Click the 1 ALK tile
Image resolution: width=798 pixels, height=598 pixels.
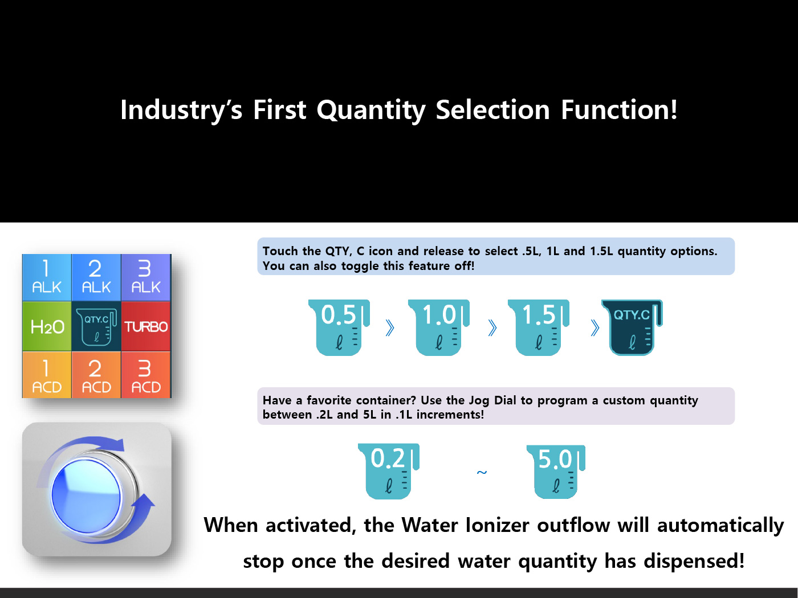(x=47, y=277)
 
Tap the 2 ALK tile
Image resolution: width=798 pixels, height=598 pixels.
(x=96, y=277)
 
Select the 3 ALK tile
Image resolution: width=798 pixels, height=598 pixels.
(x=146, y=277)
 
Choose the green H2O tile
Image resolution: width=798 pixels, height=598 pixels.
(x=47, y=326)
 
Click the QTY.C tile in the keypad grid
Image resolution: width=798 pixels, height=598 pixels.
(x=96, y=326)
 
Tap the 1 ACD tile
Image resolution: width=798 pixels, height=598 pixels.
(x=47, y=375)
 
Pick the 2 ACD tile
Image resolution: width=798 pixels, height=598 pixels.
(x=96, y=375)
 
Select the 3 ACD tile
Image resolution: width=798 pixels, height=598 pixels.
(x=146, y=375)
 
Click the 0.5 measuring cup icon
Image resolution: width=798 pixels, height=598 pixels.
(x=339, y=327)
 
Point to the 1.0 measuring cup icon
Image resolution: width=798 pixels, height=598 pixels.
(x=438, y=327)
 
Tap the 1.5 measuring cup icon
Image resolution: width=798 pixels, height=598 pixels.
(x=539, y=327)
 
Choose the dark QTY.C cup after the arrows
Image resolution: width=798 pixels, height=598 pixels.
(x=632, y=327)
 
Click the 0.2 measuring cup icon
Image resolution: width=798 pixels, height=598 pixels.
(x=389, y=472)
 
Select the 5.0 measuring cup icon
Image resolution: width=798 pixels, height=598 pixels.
(x=556, y=472)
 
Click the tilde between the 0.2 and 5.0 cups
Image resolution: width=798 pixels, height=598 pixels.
(x=482, y=472)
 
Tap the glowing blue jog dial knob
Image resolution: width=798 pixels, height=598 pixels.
(x=86, y=496)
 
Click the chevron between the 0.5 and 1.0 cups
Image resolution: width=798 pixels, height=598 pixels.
(x=390, y=328)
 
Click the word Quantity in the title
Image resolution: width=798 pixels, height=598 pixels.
(x=371, y=110)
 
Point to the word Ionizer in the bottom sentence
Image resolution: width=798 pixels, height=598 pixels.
(x=497, y=525)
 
